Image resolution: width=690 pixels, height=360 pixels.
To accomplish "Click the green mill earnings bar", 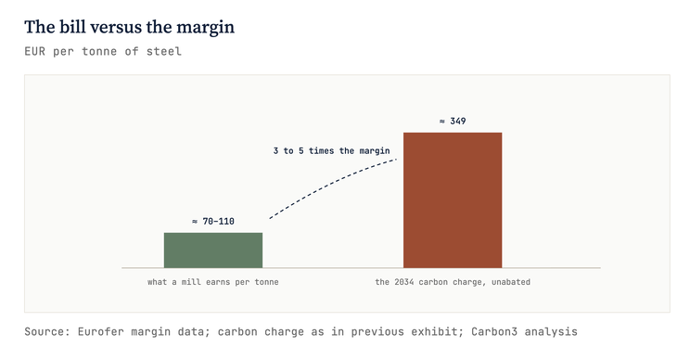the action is (213, 250).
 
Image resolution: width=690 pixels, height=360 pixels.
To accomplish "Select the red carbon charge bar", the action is (453, 199).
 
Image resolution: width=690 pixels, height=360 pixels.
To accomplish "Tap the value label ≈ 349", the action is (453, 121).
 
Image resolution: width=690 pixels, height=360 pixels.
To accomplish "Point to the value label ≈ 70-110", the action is (213, 222).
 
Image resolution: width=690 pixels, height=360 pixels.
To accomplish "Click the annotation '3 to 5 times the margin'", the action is (331, 151).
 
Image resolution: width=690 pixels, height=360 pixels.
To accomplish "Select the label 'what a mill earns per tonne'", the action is (213, 282).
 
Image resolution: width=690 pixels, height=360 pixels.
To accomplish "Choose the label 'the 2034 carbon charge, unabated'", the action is (453, 282).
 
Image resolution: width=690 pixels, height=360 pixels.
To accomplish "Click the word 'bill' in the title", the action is (71, 27).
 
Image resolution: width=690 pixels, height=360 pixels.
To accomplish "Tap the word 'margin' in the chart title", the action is (206, 28).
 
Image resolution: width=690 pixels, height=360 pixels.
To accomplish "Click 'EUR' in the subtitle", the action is (34, 51).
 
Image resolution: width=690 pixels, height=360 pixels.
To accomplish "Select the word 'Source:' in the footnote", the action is (47, 331).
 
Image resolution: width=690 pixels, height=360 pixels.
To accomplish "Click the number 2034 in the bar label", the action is (404, 282).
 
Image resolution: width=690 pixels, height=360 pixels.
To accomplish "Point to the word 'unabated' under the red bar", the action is (511, 282).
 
